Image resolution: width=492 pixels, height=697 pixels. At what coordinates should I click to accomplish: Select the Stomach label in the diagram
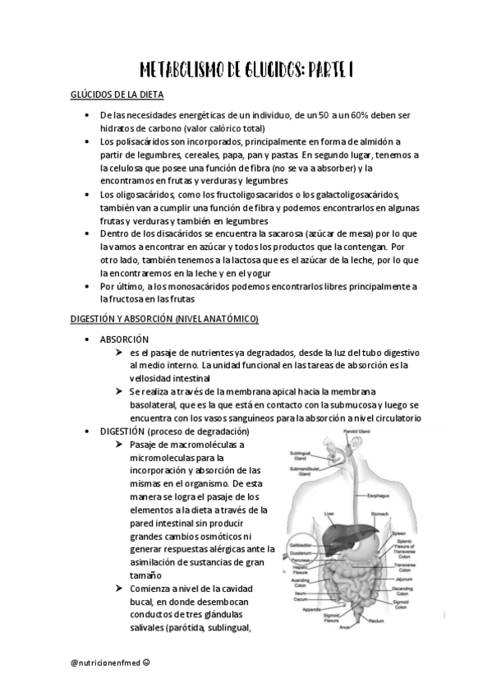[380, 516]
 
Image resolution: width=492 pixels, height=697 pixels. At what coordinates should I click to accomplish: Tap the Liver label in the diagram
[329, 515]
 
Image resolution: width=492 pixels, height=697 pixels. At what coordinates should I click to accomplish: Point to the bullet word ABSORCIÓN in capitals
[124, 339]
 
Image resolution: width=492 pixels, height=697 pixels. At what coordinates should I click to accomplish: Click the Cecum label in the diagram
[301, 600]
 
